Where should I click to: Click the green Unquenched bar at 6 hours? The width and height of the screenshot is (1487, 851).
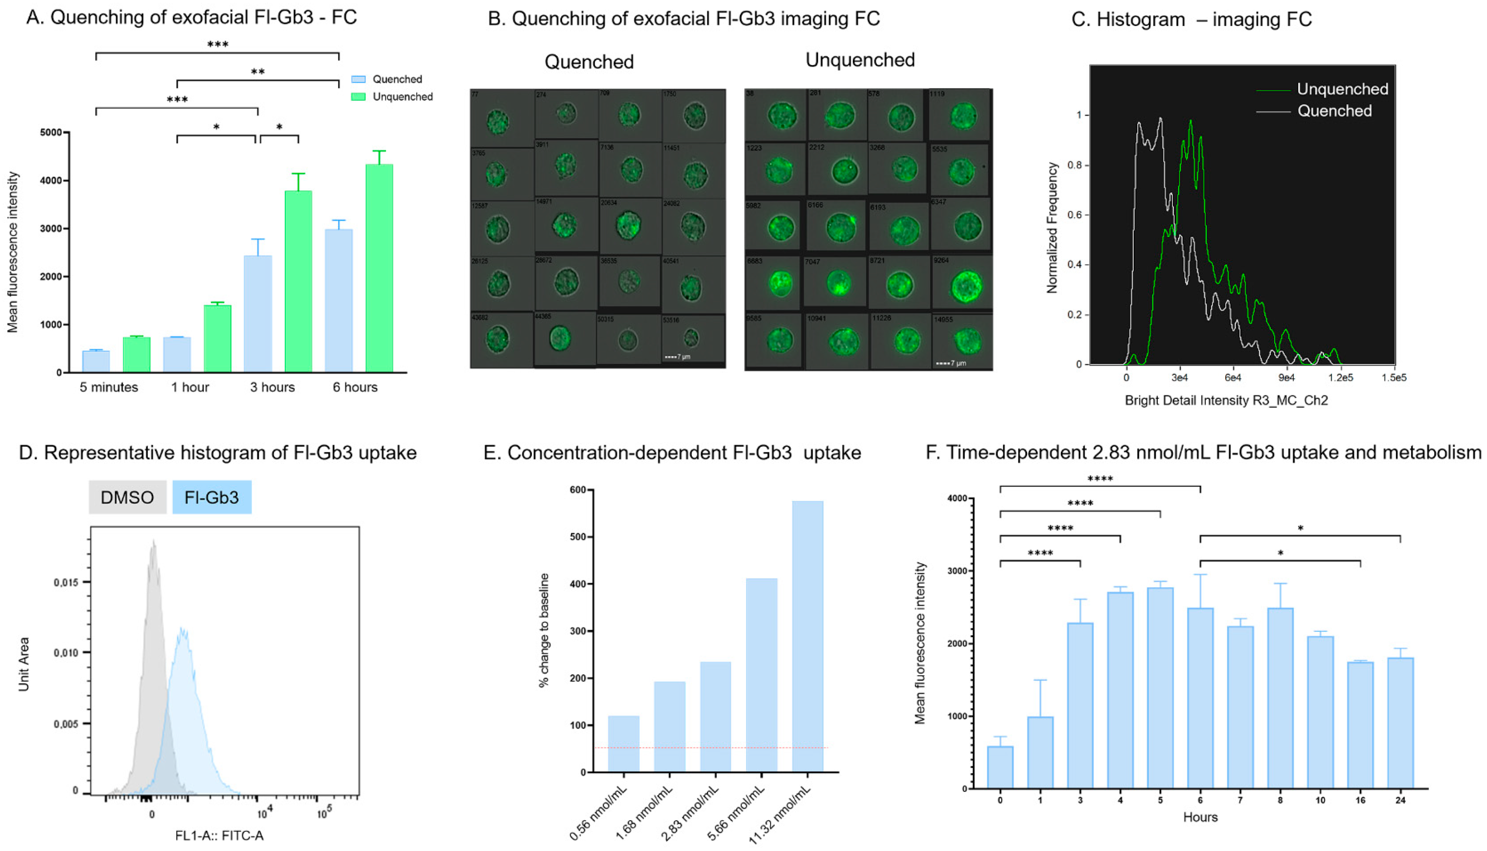379,269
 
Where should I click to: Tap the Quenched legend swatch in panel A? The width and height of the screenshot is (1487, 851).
358,79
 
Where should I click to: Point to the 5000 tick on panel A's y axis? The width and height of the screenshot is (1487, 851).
51,133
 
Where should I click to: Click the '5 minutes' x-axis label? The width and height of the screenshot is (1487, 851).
109,388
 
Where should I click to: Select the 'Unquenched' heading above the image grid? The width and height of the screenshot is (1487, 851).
860,60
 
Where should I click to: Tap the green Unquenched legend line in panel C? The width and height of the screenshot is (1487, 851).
1273,90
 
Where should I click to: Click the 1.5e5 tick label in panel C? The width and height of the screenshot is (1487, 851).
1394,378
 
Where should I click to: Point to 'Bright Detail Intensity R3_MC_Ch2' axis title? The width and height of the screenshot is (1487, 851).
1226,401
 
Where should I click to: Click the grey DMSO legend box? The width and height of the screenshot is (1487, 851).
127,497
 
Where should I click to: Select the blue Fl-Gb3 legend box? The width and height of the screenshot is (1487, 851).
211,497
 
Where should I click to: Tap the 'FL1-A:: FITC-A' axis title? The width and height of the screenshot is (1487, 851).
219,836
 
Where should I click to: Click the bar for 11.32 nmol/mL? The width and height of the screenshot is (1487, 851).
807,637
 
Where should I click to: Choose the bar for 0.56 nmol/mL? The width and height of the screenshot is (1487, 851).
623,744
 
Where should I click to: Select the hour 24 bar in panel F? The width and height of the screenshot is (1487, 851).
1400,724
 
